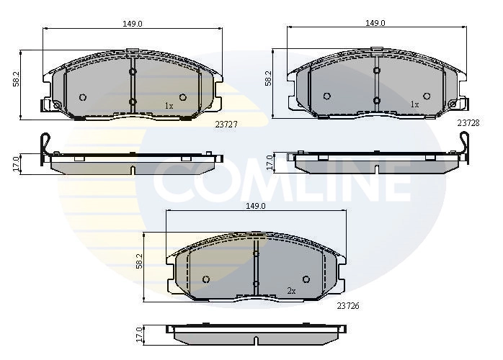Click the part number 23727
click(226, 124)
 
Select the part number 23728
click(468, 122)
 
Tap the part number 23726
click(348, 305)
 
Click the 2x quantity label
click(291, 291)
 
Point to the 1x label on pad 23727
click(169, 106)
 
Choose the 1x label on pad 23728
click(414, 104)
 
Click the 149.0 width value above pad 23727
click(132, 23)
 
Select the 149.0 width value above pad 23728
click(374, 23)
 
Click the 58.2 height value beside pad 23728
click(268, 78)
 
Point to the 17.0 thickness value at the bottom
click(139, 334)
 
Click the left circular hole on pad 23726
click(206, 279)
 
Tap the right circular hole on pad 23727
click(182, 97)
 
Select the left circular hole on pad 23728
click(326, 96)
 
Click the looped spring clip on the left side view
click(46, 145)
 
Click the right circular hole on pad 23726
click(306, 279)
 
